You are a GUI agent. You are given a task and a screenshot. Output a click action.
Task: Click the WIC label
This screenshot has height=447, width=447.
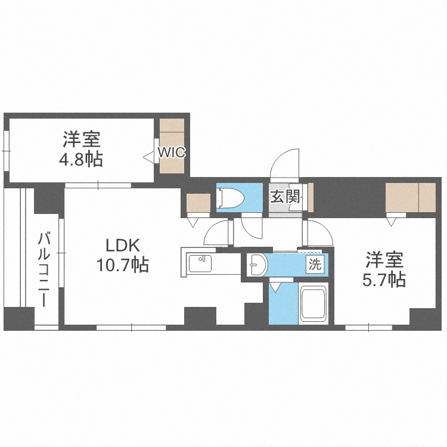(x=172, y=153)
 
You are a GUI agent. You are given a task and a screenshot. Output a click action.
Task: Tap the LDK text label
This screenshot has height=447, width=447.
(x=123, y=245)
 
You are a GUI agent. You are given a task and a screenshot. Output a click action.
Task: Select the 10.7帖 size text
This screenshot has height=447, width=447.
(x=123, y=265)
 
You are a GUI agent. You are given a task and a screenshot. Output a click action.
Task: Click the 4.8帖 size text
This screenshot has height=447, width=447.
(x=81, y=159)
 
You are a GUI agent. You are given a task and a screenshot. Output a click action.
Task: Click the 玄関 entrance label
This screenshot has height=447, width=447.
(x=285, y=197)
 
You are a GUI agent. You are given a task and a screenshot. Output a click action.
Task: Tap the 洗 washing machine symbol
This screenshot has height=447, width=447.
(x=315, y=264)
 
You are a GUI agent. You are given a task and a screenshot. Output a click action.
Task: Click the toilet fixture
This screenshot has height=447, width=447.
(x=230, y=198)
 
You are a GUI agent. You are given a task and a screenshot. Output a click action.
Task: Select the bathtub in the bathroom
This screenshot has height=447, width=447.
(x=313, y=303)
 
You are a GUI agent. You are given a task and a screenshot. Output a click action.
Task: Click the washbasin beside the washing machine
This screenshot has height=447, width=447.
(x=257, y=265)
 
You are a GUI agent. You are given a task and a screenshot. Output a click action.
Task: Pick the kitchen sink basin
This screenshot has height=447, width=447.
(x=200, y=263)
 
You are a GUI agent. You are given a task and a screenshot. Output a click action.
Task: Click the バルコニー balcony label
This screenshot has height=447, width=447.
(x=44, y=269)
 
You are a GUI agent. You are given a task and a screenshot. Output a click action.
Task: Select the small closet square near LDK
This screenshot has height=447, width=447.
(x=198, y=203)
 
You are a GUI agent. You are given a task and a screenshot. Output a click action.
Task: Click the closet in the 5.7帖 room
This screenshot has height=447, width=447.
(x=411, y=197)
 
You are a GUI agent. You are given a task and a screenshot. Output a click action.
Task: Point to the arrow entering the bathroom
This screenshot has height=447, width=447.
(x=275, y=287)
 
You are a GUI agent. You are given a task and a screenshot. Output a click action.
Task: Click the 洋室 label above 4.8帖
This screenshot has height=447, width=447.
(x=82, y=139)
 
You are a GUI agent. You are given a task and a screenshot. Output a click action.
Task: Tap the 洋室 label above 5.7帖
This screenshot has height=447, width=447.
(x=384, y=260)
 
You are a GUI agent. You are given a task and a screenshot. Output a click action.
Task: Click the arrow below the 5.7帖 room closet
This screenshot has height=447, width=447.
(x=391, y=222)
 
